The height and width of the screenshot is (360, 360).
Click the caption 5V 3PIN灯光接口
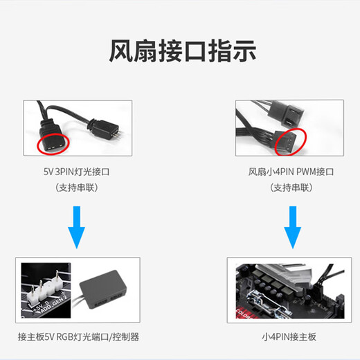(x=76, y=171)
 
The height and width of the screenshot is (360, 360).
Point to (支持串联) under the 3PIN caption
(x=76, y=188)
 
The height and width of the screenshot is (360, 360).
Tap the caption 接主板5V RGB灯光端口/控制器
(x=78, y=337)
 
